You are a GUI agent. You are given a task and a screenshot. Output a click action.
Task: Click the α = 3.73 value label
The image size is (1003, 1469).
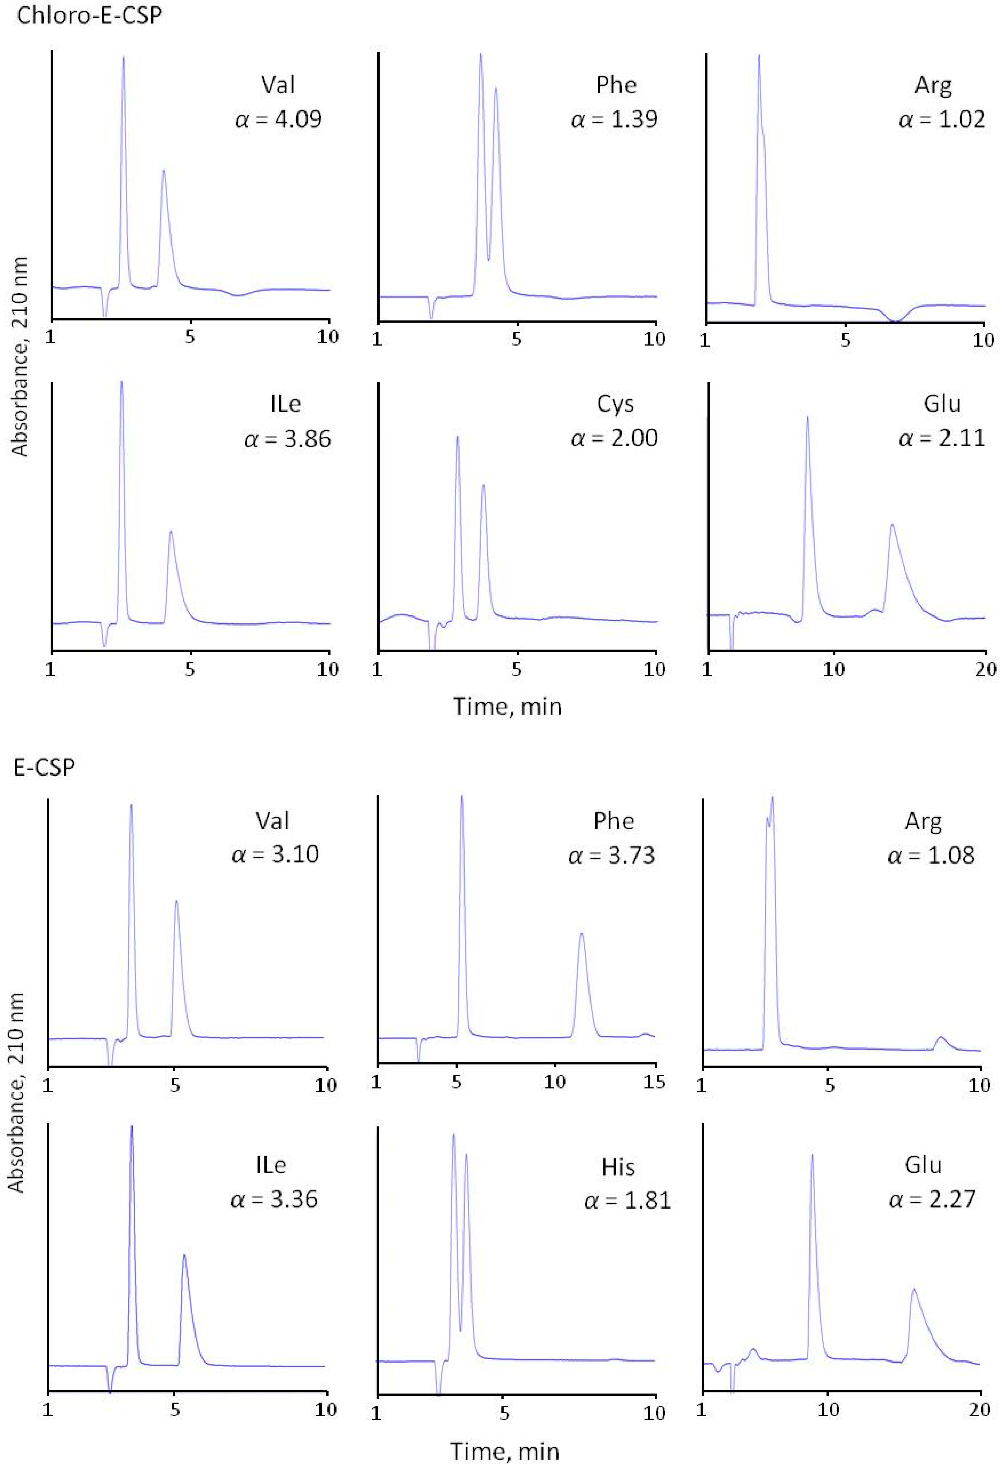[x=611, y=855]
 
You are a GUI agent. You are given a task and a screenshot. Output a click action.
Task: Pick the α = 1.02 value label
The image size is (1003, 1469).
[x=941, y=119]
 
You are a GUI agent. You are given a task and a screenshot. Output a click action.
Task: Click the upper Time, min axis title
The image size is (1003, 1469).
[x=507, y=706]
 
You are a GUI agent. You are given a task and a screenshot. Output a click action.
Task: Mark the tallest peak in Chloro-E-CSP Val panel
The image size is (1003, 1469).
[x=123, y=58]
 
